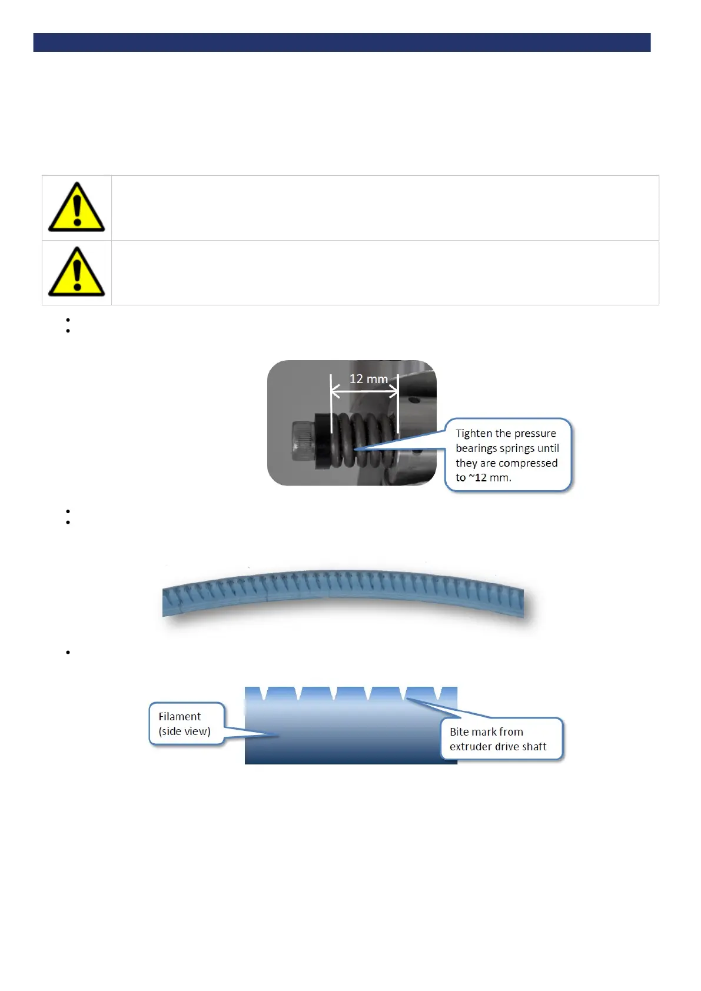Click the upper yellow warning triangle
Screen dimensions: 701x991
(x=77, y=207)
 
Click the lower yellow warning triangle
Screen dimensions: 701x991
(x=77, y=272)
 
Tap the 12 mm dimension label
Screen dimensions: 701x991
(x=368, y=379)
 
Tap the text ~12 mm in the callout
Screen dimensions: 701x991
(x=489, y=478)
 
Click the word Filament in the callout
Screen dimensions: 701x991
(x=180, y=717)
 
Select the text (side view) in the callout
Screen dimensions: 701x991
(x=184, y=731)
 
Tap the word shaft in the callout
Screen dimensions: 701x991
(x=534, y=747)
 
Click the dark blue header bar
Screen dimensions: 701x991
(x=341, y=42)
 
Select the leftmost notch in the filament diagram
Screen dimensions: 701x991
(x=265, y=693)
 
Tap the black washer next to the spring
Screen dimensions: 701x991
(x=323, y=441)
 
